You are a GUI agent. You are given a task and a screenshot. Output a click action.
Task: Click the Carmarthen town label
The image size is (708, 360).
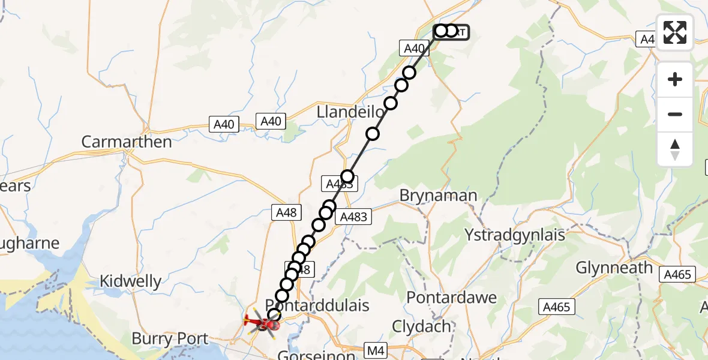[126, 142]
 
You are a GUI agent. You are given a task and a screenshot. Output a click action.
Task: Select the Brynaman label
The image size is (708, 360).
[439, 196]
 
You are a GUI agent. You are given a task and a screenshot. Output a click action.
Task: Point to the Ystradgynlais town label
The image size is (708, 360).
[515, 235]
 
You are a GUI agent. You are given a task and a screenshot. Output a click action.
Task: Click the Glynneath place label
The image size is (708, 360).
[614, 267]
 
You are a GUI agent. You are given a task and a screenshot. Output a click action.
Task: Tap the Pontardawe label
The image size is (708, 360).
[452, 298]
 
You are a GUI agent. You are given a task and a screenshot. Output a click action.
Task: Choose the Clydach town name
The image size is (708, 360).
[421, 326]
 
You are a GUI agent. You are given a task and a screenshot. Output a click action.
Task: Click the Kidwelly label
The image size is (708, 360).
[130, 281]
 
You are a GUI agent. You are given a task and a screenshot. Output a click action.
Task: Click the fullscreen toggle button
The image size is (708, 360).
[675, 32]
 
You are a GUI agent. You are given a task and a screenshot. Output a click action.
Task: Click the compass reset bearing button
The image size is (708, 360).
[675, 149]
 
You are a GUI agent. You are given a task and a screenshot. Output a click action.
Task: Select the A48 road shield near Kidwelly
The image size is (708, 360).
[285, 212]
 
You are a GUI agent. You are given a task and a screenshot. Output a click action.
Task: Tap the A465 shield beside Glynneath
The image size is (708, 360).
[678, 275]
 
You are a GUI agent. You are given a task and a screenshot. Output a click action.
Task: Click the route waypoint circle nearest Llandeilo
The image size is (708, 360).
[373, 133]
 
